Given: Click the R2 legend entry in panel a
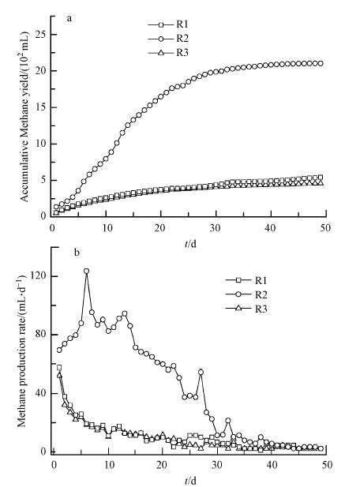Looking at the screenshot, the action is [168, 39].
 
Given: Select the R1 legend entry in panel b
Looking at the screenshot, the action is [246, 280].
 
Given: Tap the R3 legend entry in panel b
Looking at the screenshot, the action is [246, 309].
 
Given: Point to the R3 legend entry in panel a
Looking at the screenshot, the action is [168, 53].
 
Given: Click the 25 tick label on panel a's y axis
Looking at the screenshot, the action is [40, 34].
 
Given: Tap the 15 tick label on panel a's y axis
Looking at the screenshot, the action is [40, 107].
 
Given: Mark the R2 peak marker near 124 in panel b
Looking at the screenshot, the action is [86, 271].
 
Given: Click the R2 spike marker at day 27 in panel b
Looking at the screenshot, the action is [201, 372].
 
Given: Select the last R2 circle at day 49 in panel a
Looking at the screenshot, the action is [321, 63].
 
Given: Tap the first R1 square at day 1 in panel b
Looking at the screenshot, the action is [59, 368].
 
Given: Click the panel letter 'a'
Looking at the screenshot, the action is [69, 19].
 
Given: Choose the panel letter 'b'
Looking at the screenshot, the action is [77, 253].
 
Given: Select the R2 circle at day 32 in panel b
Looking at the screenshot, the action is [228, 421].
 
